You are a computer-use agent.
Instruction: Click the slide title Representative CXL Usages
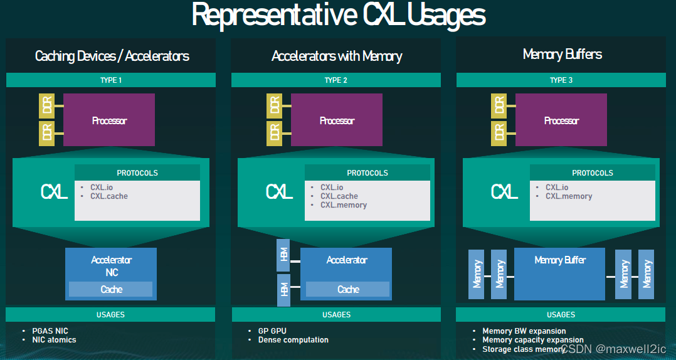(338, 15)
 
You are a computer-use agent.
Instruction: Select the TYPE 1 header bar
(111, 80)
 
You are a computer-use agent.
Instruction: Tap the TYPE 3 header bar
(561, 80)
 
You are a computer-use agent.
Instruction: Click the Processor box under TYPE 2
(337, 120)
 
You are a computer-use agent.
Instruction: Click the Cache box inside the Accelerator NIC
(111, 289)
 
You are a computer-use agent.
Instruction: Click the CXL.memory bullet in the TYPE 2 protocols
(344, 205)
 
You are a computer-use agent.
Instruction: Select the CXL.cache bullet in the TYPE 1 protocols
(108, 196)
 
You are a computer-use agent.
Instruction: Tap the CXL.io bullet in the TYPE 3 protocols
(557, 188)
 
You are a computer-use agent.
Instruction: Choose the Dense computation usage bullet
(293, 340)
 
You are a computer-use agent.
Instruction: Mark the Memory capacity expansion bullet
(532, 340)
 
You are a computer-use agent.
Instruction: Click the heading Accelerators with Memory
(337, 56)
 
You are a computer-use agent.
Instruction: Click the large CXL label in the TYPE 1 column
(55, 192)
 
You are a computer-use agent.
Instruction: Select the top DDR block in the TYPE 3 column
(499, 105)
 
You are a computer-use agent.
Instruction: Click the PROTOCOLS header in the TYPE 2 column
(367, 172)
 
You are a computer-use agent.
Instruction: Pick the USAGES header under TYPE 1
(111, 314)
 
